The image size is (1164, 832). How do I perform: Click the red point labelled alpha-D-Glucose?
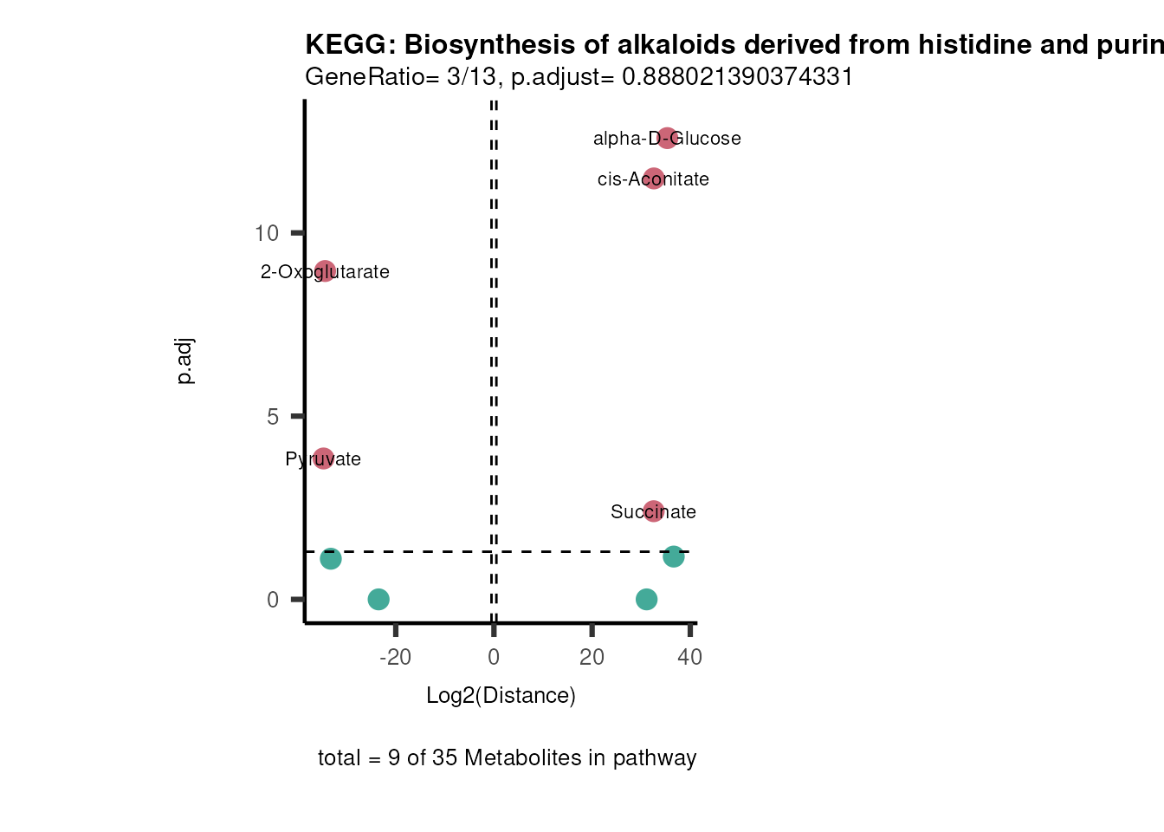(666, 138)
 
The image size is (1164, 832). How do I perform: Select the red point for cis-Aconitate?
(654, 179)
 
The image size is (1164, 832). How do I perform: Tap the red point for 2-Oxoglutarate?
(325, 271)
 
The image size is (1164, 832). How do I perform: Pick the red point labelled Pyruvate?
(323, 458)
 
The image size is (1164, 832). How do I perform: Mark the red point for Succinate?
(653, 511)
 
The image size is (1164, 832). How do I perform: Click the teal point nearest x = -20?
(378, 599)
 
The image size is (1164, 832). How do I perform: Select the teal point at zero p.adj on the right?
(646, 599)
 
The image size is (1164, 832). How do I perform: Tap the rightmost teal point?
(674, 556)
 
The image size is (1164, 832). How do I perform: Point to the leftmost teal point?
(331, 559)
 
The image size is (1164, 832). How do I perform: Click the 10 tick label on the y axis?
(267, 233)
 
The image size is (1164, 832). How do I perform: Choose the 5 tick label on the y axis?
(273, 417)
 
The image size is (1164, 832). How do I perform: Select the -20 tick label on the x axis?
(395, 657)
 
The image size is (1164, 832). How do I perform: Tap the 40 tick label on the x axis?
(689, 657)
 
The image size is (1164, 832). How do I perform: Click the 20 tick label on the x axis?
(592, 657)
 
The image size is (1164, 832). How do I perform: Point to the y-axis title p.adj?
(185, 361)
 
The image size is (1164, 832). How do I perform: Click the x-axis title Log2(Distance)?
(501, 696)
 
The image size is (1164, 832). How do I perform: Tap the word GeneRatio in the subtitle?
(364, 77)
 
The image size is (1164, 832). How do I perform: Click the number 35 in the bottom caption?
(444, 758)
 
